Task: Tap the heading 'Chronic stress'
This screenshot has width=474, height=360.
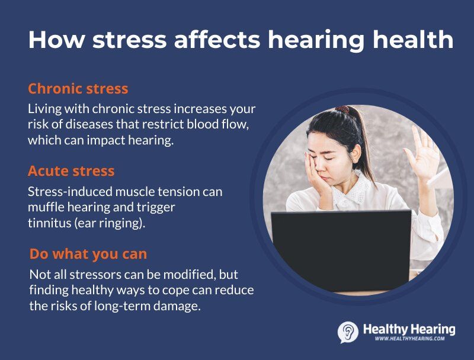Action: (x=78, y=89)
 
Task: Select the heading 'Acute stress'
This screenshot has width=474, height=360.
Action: (x=71, y=172)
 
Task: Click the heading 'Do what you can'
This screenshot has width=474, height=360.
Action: (x=88, y=254)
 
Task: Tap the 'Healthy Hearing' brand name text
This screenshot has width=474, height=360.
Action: (x=409, y=329)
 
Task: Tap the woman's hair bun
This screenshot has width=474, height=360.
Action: (x=343, y=110)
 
